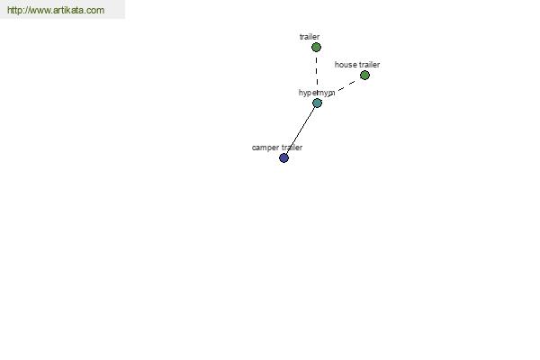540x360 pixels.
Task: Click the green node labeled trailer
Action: [x=316, y=47]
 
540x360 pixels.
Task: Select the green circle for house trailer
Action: [x=364, y=75]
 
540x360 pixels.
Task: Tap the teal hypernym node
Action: [x=317, y=103]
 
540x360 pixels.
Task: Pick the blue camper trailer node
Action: [x=283, y=158]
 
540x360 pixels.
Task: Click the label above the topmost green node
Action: [x=310, y=37]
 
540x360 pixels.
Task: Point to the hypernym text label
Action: [x=317, y=93]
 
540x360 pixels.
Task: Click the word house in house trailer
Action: [x=345, y=65]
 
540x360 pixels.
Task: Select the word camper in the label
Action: [x=265, y=148]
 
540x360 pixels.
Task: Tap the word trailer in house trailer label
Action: [x=369, y=65]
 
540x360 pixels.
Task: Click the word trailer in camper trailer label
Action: [x=292, y=148]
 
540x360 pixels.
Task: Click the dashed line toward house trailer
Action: [x=341, y=88]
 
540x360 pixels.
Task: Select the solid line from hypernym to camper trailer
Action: [x=301, y=130]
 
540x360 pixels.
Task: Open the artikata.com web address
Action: [x=56, y=10]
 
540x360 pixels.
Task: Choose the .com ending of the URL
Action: [x=95, y=11]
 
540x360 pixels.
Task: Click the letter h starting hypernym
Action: [x=301, y=93]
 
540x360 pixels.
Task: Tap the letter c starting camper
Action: [x=254, y=148]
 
